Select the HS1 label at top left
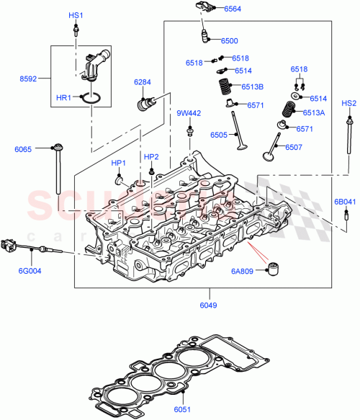coord(76,15)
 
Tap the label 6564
coord(233,9)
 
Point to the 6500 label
coord(230,40)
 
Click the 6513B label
coord(252,87)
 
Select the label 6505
coord(219,135)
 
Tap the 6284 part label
coord(143,83)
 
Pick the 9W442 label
coord(189,113)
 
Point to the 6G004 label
coord(25,272)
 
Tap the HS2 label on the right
coord(348,103)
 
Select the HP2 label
coord(151,156)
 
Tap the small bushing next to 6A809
coord(274,269)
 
